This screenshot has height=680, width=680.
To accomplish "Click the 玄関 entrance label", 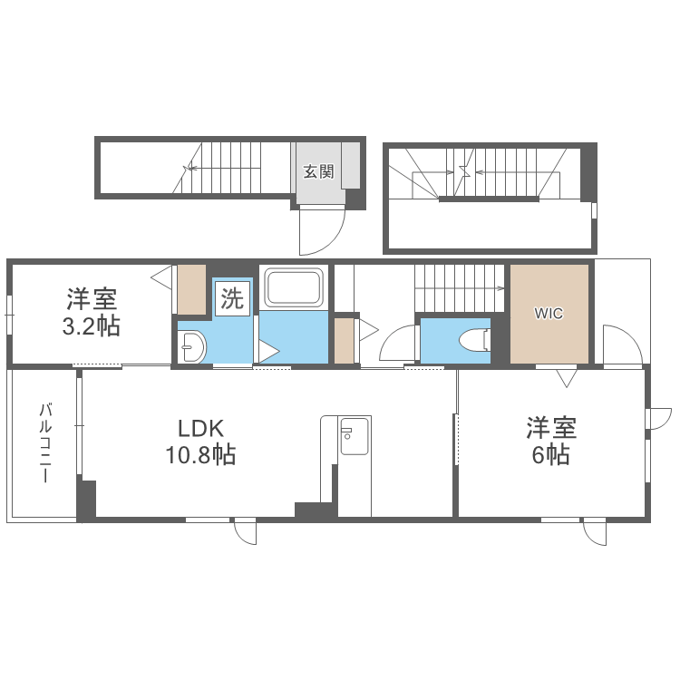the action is [x=319, y=171].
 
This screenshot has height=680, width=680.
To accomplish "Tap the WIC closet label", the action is [x=549, y=313].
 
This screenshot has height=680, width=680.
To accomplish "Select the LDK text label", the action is [x=200, y=429].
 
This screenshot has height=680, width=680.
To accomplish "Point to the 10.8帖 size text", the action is [x=200, y=455].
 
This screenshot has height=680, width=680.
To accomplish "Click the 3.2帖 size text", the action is [x=91, y=326].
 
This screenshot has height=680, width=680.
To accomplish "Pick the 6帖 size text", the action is [x=550, y=455].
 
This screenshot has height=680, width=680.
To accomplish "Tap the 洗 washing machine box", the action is [x=232, y=298].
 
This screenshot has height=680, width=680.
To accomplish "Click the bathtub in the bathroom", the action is [x=294, y=287].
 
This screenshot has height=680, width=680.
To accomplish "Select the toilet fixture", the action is [x=475, y=339].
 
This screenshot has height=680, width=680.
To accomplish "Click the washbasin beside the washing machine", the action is [x=192, y=346].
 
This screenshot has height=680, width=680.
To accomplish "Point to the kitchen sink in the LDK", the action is [x=355, y=436].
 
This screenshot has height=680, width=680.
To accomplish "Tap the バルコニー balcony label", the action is [x=45, y=442].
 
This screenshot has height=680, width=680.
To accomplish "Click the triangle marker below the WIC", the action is [x=567, y=378].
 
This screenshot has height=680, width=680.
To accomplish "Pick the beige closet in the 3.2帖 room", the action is [x=191, y=289].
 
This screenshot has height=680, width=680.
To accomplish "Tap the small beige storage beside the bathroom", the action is [x=344, y=341].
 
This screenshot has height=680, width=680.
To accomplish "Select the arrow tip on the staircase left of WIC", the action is [x=502, y=288].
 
